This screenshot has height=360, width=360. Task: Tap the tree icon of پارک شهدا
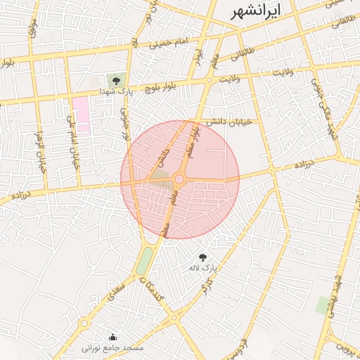tap(116, 80)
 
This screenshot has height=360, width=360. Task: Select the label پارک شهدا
tap(116, 92)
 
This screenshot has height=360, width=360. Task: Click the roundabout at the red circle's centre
tap(180, 180)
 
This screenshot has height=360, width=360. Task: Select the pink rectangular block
tap(82, 115)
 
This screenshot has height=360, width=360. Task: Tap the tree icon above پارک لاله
tap(203, 257)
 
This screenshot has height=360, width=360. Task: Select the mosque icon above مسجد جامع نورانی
tap(113, 337)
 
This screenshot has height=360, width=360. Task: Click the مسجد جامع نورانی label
tap(112, 348)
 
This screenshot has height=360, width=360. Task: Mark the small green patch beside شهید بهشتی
tap(323, 304)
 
